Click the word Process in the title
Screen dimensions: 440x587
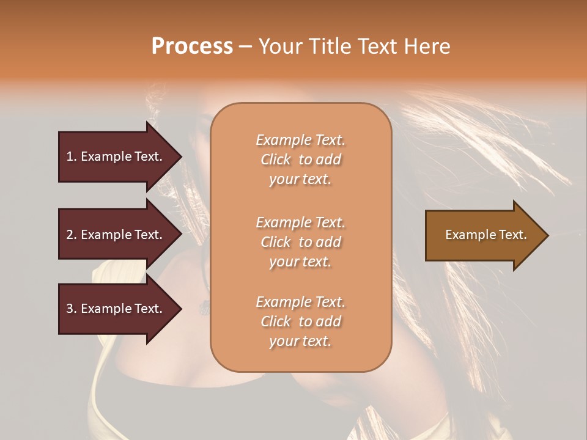coord(192,46)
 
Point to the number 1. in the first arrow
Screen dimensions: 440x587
coord(72,156)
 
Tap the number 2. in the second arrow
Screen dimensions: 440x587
coord(72,235)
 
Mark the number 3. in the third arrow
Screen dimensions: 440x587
coord(72,309)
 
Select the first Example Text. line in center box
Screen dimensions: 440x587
coord(300,140)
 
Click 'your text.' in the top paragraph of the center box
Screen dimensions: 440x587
coord(300,180)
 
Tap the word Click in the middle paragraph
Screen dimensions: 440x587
coord(275,242)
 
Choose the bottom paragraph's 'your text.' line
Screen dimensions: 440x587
coord(300,342)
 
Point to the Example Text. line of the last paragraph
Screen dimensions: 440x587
coord(300,302)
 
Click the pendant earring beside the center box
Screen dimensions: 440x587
coord(204,307)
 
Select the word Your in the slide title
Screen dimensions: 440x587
coord(279,46)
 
